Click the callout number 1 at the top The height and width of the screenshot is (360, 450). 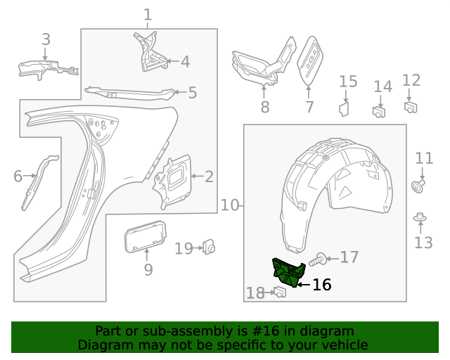(x=148, y=14)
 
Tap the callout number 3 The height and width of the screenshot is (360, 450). (x=46, y=39)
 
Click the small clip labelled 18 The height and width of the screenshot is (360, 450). (x=279, y=292)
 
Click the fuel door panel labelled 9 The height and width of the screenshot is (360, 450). (x=145, y=235)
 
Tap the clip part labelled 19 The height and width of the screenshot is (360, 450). (x=209, y=247)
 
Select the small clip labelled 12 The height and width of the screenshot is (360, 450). (x=411, y=106)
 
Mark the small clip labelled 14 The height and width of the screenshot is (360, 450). (x=380, y=111)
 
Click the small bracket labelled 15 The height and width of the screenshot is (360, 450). (x=345, y=108)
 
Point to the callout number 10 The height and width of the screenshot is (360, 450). (x=230, y=205)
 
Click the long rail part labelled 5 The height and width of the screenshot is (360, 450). (x=130, y=91)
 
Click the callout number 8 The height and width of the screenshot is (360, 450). (x=265, y=108)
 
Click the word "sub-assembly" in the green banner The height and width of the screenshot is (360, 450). (x=167, y=331)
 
